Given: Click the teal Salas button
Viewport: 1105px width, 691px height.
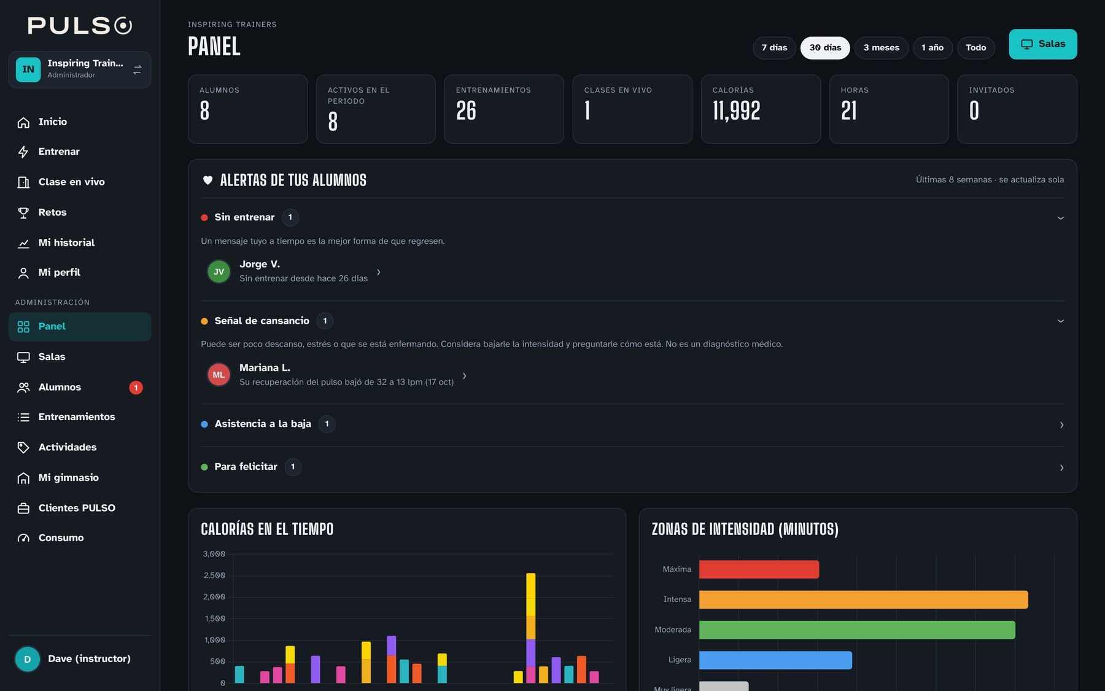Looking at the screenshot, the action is pyautogui.click(x=1042, y=44).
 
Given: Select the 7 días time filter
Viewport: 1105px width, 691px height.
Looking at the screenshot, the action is pyautogui.click(x=774, y=48).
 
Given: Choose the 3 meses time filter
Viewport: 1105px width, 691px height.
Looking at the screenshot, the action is pyautogui.click(x=881, y=48).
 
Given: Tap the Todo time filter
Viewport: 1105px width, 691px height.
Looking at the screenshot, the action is pyautogui.click(x=975, y=48).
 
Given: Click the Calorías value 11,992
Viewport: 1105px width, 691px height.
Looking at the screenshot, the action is pyautogui.click(x=736, y=111).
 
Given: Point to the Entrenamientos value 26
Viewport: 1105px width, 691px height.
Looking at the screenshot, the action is pyautogui.click(x=466, y=111).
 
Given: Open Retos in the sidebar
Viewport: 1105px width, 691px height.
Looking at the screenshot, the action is pyautogui.click(x=52, y=213).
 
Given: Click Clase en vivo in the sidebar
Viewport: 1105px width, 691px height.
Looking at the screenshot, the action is pyautogui.click(x=71, y=182).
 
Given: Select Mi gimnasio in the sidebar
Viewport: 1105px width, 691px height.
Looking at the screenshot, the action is pyautogui.click(x=68, y=478).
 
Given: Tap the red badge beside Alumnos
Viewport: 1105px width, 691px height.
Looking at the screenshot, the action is pyautogui.click(x=136, y=388).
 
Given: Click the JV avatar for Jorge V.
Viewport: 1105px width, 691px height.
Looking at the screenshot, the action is pyautogui.click(x=219, y=271).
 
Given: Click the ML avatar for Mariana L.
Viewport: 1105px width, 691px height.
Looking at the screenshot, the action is pyautogui.click(x=219, y=375).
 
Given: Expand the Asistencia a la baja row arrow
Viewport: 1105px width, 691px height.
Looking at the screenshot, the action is pyautogui.click(x=1061, y=425).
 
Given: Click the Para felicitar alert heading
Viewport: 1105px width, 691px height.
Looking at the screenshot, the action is pyautogui.click(x=246, y=467).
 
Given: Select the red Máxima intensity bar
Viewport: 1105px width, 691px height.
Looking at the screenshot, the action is pyautogui.click(x=759, y=569).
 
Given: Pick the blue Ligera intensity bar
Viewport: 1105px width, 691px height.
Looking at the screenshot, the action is pyautogui.click(x=775, y=660).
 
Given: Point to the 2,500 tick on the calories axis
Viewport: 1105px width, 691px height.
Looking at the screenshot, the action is pyautogui.click(x=214, y=576).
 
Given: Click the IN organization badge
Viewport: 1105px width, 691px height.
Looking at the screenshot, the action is pyautogui.click(x=28, y=69).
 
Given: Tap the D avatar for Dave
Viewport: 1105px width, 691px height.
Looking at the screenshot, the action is pyautogui.click(x=28, y=659).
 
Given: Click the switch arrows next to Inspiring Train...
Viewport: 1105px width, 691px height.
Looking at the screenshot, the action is pyautogui.click(x=137, y=70).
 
